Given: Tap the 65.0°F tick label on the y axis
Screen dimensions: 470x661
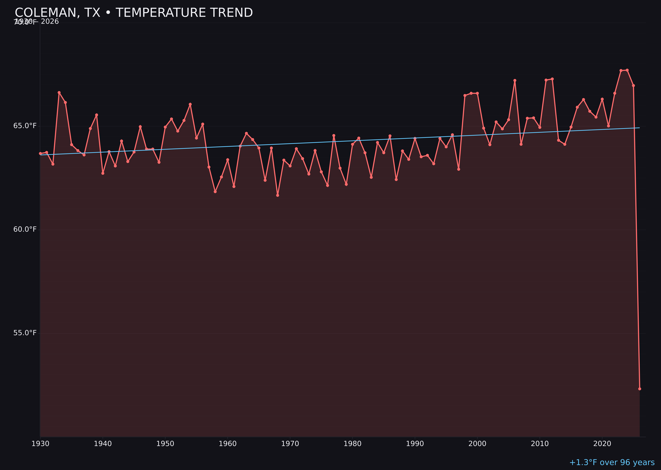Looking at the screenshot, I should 25,126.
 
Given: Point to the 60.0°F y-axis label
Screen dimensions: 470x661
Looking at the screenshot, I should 25,230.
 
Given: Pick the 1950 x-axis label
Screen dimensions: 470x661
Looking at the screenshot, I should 165,444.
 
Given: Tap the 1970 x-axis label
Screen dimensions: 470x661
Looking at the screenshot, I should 290,444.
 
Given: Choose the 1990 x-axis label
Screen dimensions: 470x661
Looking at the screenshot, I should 415,444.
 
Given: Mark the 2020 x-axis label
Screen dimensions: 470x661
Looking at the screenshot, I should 602,444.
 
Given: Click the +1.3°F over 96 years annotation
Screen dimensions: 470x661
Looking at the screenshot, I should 612,462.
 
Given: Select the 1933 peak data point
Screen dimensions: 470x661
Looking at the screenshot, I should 59,93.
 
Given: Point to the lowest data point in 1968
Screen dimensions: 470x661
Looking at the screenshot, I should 278,195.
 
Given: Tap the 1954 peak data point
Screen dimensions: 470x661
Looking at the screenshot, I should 190,104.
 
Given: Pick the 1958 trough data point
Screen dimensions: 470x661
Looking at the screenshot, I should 215,192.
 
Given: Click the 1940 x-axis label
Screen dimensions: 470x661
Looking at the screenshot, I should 103,444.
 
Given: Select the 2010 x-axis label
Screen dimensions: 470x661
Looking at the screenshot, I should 540,444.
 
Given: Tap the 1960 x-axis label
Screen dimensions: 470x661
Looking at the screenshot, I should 228,444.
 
